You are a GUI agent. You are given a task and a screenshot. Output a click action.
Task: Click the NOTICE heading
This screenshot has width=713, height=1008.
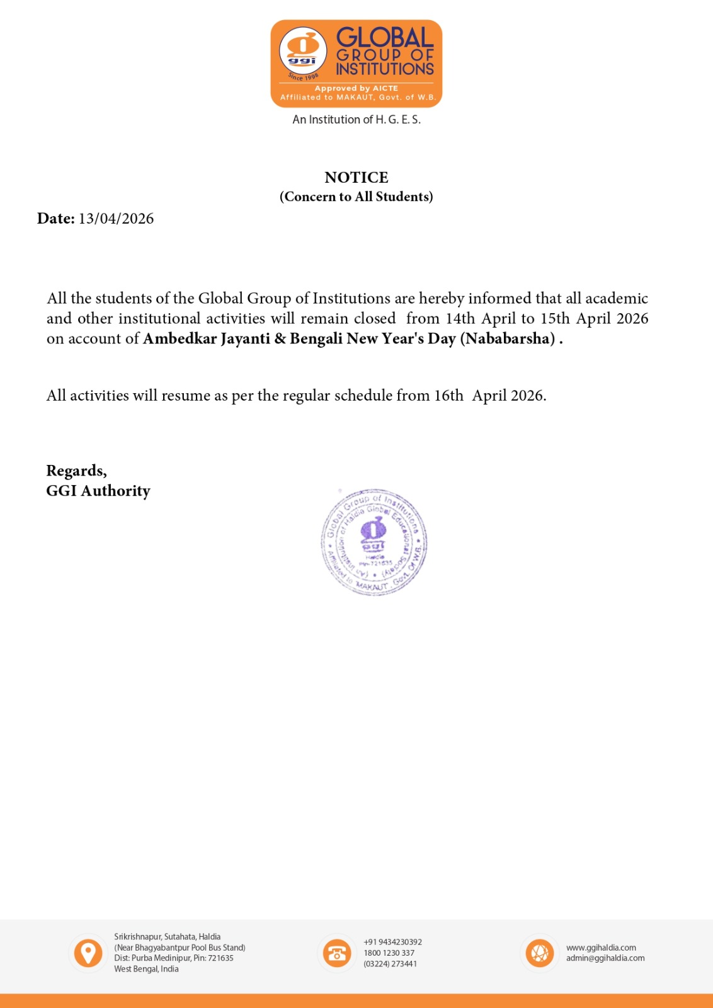pos(356,178)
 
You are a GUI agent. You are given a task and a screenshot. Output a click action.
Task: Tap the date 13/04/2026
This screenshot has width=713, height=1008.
pos(116,219)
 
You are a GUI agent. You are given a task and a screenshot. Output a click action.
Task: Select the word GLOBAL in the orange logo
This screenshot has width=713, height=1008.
pos(385,37)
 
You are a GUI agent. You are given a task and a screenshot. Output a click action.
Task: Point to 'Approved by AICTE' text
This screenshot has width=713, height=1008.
pos(356,88)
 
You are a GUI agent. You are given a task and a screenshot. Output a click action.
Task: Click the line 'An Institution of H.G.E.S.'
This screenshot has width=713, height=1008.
pos(356,120)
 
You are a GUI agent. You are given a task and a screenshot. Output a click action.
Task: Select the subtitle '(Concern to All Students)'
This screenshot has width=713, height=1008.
pos(356,197)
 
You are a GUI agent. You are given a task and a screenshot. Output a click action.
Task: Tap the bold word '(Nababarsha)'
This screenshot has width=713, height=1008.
pos(508,339)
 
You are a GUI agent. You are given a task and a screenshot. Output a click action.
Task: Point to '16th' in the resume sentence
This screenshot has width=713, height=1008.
pos(448,396)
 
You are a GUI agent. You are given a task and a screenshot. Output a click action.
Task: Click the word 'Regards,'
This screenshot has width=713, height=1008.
pos(76,471)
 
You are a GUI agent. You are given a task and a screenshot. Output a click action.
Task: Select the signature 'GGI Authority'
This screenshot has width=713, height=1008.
pos(98,491)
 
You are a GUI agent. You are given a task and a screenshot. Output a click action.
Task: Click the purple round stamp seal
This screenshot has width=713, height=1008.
pos(374,542)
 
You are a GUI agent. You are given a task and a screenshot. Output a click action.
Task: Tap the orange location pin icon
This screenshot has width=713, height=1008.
pos(88,953)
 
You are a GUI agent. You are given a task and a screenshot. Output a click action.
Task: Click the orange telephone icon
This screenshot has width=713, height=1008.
pos(337,953)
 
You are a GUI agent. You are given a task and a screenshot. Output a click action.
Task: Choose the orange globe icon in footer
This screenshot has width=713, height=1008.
pos(540,953)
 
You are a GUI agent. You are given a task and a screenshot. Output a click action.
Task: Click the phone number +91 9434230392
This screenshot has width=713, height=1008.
pos(392,942)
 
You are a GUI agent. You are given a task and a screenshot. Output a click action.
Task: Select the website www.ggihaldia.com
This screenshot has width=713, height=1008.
pos(601,948)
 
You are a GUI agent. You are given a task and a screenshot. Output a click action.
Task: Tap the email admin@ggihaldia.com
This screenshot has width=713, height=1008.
pos(605,958)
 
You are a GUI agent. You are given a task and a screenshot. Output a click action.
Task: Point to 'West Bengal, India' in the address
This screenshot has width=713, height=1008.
pos(146,969)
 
